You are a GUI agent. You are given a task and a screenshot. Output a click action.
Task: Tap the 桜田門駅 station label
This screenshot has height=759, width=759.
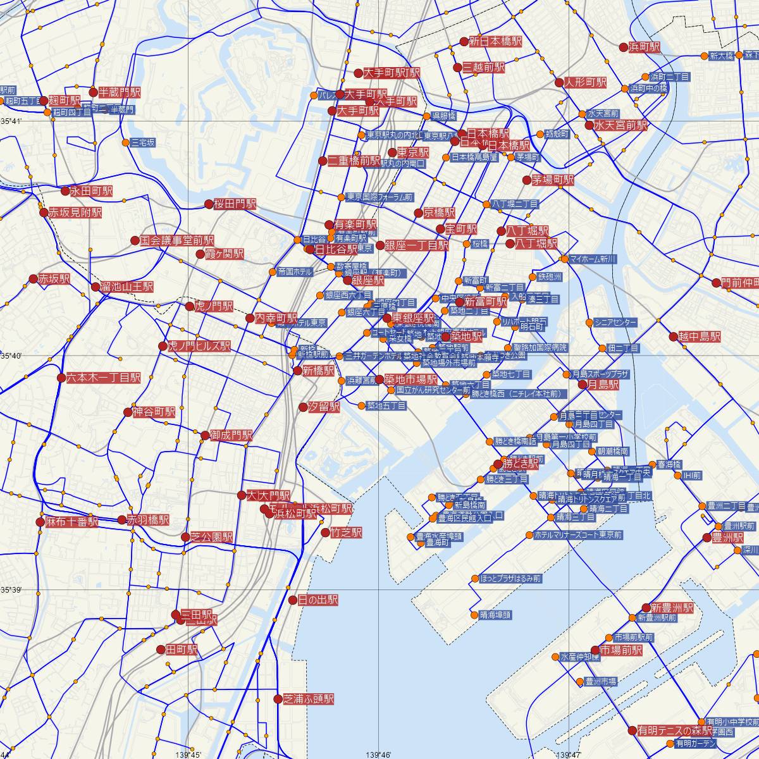tap(235, 204)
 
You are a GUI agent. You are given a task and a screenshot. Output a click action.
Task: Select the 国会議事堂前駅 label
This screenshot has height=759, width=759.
tap(177, 240)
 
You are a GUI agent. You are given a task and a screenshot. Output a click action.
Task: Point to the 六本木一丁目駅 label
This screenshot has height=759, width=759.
tap(104, 378)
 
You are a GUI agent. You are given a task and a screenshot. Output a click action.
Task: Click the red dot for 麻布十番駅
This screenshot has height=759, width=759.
tap(40, 522)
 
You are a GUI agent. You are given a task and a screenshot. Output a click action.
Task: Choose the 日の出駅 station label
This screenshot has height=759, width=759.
tap(318, 600)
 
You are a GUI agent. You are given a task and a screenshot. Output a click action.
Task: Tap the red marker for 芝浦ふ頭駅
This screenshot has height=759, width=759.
tap(278, 699)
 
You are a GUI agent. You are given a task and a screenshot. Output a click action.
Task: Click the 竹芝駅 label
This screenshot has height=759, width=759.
tap(346, 533)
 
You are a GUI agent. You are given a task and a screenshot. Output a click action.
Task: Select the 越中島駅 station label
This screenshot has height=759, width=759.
tap(699, 336)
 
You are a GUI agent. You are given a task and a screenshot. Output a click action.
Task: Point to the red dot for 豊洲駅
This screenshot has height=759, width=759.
tap(707, 538)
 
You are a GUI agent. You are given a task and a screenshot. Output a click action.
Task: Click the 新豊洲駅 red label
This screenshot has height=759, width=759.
tap(672, 608)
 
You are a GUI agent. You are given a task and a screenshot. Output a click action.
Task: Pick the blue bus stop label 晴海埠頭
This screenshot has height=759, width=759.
tap(495, 615)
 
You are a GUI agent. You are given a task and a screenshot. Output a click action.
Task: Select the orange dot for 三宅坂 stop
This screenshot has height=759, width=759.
tap(125, 143)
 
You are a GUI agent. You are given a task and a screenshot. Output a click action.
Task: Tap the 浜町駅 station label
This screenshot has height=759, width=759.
tap(645, 47)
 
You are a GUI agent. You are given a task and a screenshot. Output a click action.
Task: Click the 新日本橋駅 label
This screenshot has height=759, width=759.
tap(495, 42)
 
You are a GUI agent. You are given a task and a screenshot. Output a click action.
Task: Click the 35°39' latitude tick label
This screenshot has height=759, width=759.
tap(11, 590)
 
